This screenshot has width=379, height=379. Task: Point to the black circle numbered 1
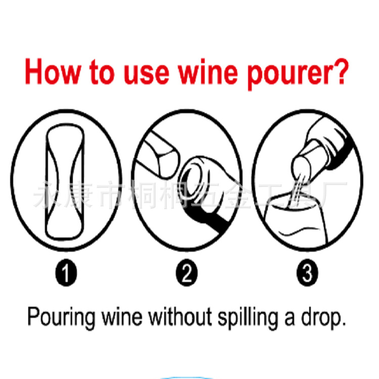pos(67,274)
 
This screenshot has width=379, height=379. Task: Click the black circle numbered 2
pos(187,274)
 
